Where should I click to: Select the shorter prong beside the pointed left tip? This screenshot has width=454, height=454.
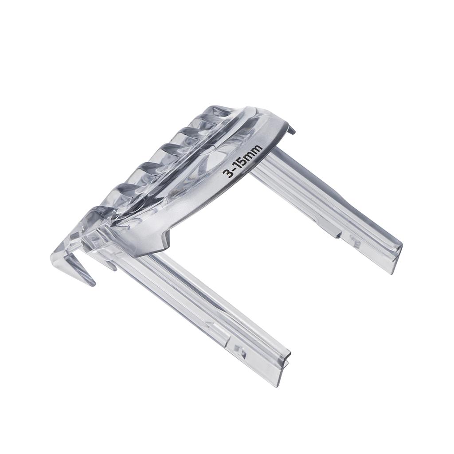[111, 265]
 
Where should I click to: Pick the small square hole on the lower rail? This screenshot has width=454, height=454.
[242, 352]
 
